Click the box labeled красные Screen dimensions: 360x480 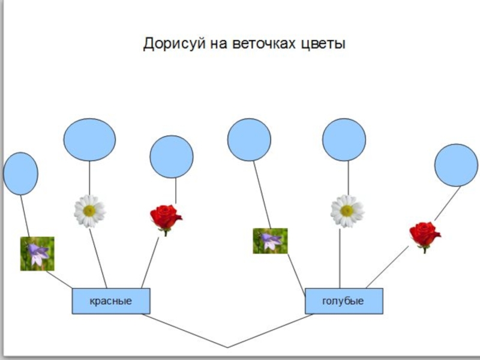pos(111,301)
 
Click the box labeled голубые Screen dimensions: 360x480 pos(343,301)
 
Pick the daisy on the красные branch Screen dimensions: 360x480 pos(89,211)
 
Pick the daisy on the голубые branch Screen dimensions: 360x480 pos(347,211)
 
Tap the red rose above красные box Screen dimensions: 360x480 pos(166,218)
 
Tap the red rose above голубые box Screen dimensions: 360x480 pos(425,235)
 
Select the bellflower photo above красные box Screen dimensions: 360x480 pos(37,254)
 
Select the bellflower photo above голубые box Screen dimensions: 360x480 pos(270,241)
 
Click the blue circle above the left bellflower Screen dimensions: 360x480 pos(20,173)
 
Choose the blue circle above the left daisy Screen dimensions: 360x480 pos(89,140)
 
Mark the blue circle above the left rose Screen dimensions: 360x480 pos(172,157)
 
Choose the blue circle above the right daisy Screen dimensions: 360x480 pos(344,140)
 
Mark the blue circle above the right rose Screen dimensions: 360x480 pos(457,165)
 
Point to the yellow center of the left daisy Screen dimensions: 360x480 pos(89,211)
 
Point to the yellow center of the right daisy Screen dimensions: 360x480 pos(347,211)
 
